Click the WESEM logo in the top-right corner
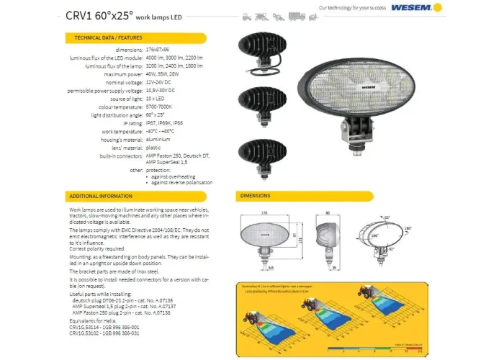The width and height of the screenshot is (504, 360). pyautogui.click(x=413, y=9)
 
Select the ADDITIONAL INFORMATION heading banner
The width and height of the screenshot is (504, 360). pyautogui.click(x=100, y=196)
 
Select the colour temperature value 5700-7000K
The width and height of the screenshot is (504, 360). pyautogui.click(x=158, y=107)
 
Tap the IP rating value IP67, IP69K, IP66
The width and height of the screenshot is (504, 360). pyautogui.click(x=164, y=124)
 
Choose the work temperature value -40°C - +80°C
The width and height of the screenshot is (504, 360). pyautogui.click(x=161, y=132)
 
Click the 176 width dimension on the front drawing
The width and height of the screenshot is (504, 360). pyautogui.click(x=264, y=212)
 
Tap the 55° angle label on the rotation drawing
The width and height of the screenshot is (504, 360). pyautogui.click(x=386, y=217)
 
